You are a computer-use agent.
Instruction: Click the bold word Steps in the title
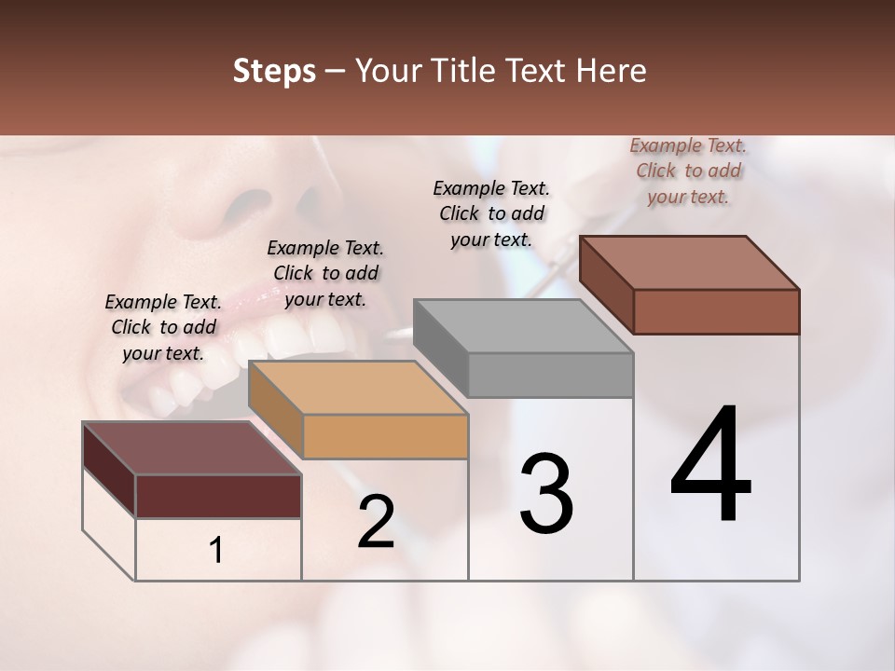pos(274,71)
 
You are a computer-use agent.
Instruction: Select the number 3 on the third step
pos(545,494)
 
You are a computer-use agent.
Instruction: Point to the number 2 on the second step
pos(376,522)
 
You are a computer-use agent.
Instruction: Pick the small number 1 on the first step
pos(216,550)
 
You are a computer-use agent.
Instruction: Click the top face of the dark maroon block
pos(191,448)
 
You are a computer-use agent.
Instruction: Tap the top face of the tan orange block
pos(357,388)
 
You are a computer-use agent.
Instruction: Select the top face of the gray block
pos(523,326)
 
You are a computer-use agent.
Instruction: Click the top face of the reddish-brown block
pos(689,263)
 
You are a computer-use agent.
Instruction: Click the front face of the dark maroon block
pos(218,496)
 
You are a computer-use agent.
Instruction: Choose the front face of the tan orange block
pos(385,436)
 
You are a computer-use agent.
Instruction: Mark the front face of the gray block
pos(550,375)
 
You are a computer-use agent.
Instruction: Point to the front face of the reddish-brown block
pos(716,311)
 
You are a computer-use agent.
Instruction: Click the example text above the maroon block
pos(163,327)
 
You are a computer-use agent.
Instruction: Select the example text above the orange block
pos(325,273)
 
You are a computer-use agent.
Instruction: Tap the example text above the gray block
pos(491,213)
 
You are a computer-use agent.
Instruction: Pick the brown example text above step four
pos(688,171)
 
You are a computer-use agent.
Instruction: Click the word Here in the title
pos(613,71)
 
